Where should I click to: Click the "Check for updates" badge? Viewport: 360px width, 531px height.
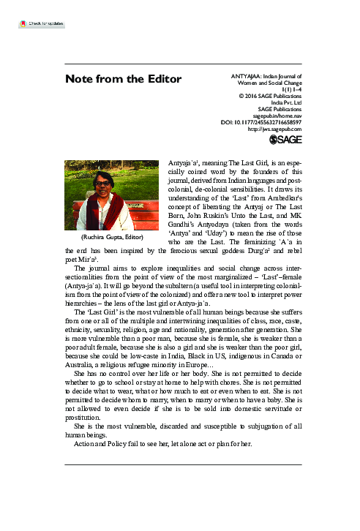[42, 24]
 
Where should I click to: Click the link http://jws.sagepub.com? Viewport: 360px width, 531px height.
[275, 129]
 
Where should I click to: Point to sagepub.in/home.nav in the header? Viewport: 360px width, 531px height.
[277, 115]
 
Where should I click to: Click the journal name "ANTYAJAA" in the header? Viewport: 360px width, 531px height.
[245, 76]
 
